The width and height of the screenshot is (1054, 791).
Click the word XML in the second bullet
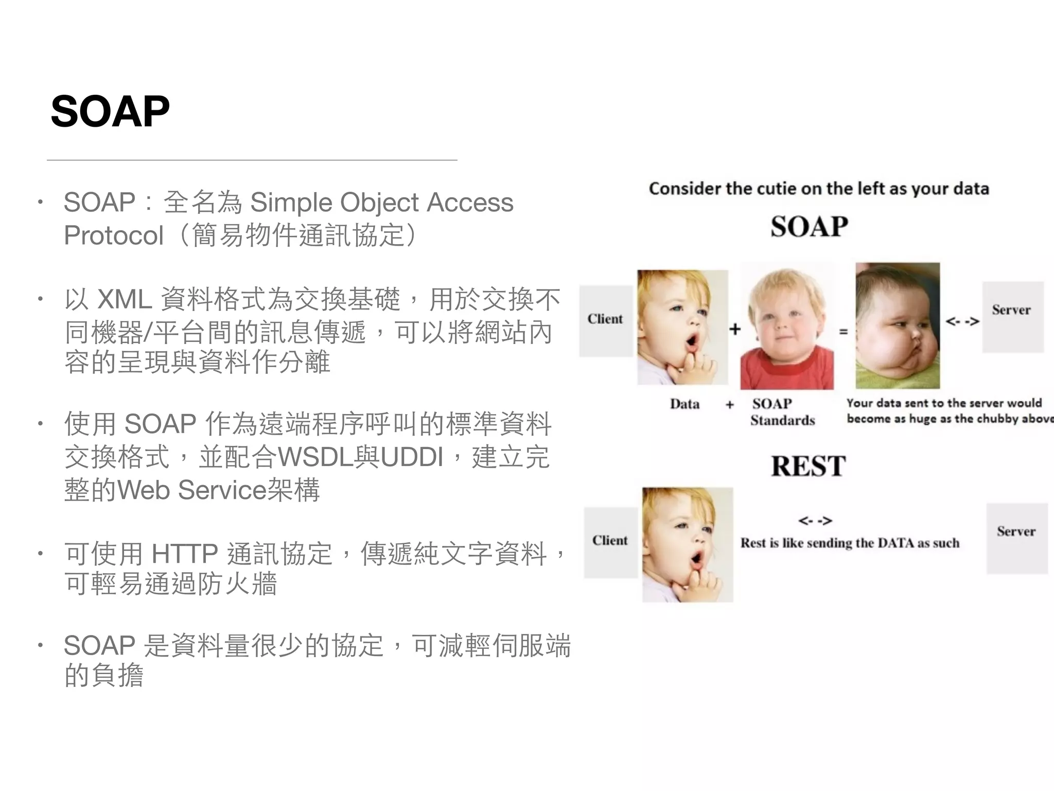(x=124, y=299)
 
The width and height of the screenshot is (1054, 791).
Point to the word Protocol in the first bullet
(x=114, y=235)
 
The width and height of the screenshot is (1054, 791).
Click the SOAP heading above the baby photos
(x=809, y=227)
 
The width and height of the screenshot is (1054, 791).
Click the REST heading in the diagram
(x=808, y=466)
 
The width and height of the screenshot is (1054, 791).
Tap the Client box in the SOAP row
(x=605, y=320)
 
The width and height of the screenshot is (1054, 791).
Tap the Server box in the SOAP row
(x=1012, y=316)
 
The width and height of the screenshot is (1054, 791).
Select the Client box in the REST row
(x=610, y=541)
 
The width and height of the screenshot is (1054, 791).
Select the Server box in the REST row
(x=1016, y=538)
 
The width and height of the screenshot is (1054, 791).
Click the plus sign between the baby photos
(x=735, y=329)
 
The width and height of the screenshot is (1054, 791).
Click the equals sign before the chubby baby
(x=844, y=332)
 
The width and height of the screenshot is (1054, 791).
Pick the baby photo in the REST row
(x=687, y=544)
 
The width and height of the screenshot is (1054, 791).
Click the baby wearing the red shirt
(x=787, y=328)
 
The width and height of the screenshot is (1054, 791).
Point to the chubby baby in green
(x=898, y=325)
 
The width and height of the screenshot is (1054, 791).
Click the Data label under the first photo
(x=684, y=404)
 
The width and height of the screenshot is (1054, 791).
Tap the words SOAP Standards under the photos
(x=782, y=412)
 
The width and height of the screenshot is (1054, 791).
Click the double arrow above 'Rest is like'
(x=815, y=521)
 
